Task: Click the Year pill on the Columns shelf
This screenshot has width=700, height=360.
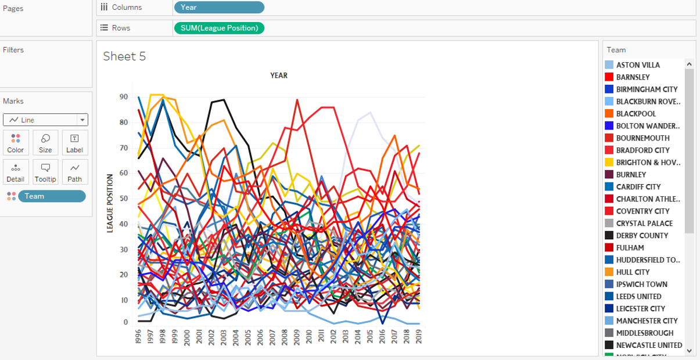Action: [219, 8]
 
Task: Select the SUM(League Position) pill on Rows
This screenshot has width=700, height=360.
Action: [219, 28]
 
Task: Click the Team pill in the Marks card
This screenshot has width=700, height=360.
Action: [52, 196]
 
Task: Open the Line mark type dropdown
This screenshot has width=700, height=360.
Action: [45, 120]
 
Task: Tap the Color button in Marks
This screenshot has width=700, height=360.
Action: [16, 143]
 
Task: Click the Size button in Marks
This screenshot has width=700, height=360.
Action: [45, 143]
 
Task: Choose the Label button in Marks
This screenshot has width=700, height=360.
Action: [75, 143]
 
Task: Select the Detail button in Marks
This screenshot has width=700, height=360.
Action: [16, 172]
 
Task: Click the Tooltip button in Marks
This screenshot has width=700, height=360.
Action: [45, 172]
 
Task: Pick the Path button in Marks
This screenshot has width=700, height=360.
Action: [75, 172]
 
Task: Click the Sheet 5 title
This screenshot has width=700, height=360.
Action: [124, 56]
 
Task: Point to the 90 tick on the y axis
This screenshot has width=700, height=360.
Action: [124, 97]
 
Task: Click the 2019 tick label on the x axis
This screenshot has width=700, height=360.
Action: [419, 337]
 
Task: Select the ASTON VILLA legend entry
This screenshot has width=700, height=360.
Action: [638, 65]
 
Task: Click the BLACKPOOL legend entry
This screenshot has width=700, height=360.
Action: [636, 114]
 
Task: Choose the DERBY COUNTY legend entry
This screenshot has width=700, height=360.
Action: [641, 236]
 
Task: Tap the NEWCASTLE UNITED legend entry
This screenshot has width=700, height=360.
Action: [649, 345]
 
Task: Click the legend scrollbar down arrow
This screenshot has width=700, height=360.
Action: [690, 350]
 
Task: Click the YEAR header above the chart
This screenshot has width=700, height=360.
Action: [279, 75]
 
